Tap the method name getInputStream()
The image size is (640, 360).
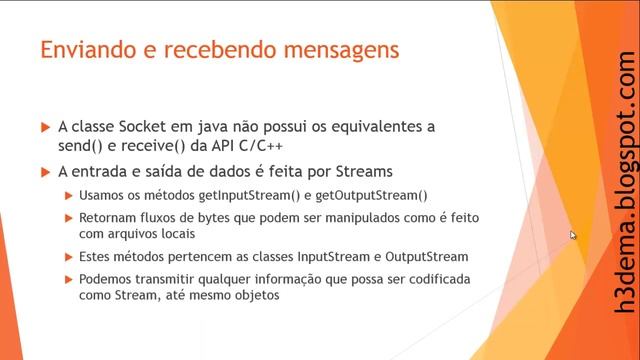tap(239, 196)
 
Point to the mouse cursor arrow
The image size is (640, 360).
tap(573, 235)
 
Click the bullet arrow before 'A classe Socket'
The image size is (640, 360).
tap(45, 128)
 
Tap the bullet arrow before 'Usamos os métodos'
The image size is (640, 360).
tap(68, 196)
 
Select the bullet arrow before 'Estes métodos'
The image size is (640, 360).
tap(68, 257)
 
